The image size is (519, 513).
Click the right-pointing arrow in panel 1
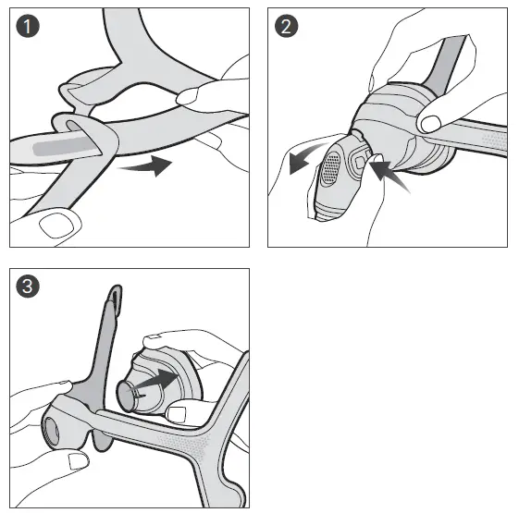(x=151, y=166)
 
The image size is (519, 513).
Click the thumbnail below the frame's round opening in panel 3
(x=77, y=461)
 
